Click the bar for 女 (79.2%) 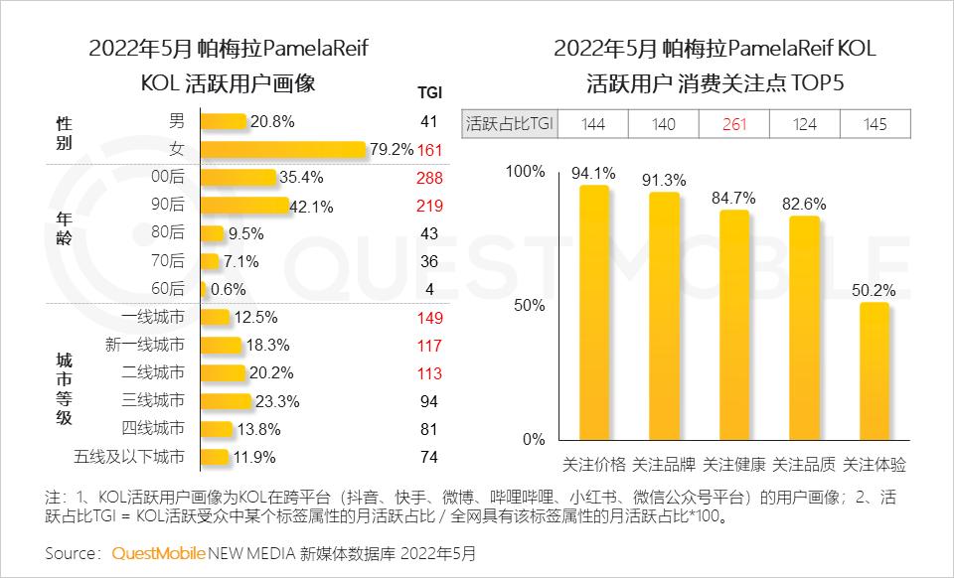(x=283, y=149)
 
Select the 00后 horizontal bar (x=238, y=178)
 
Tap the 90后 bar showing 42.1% (x=244, y=206)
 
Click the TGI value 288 (x=429, y=178)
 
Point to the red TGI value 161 (x=429, y=150)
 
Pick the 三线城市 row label (x=152, y=400)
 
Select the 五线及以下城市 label (x=129, y=457)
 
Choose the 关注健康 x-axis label (x=734, y=464)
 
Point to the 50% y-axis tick (x=527, y=305)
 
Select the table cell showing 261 (x=734, y=124)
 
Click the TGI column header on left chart (x=429, y=93)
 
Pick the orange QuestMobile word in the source (x=159, y=552)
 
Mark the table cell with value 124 (x=805, y=124)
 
